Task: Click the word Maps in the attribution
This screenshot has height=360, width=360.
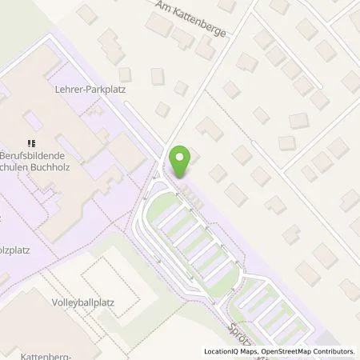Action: coord(252,351)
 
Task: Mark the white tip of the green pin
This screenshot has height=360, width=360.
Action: coord(182,156)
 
